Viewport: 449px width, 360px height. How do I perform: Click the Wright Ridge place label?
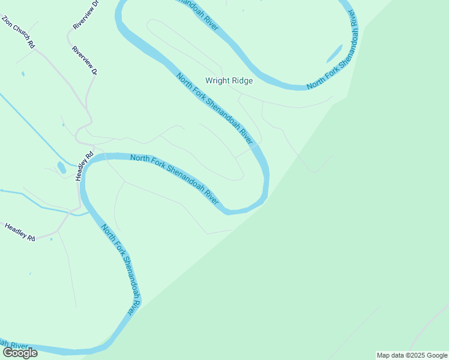(229, 80)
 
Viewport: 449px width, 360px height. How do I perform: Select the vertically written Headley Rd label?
(85, 166)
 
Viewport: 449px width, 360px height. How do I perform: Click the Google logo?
(20, 353)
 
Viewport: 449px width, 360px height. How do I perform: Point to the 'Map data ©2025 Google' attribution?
(412, 355)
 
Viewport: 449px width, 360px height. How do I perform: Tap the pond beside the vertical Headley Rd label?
(61, 167)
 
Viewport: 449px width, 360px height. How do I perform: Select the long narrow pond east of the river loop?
(334, 53)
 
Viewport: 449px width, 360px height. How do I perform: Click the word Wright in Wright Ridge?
(218, 80)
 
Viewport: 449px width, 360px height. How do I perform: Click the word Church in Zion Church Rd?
(21, 34)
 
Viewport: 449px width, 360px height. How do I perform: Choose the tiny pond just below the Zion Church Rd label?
(23, 74)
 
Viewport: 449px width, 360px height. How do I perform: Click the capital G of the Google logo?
(8, 353)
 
